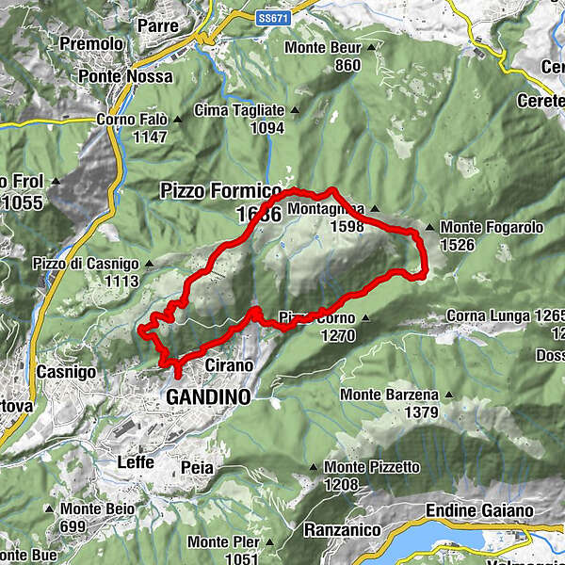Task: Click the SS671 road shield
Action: tap(271, 16)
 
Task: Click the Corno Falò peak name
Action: tap(132, 120)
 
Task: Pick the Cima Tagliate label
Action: tap(239, 110)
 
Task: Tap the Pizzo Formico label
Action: tap(220, 190)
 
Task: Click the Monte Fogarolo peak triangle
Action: tap(431, 227)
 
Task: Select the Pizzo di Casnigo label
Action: tap(85, 264)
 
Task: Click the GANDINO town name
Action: tap(208, 397)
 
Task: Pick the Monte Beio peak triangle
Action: tap(52, 509)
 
